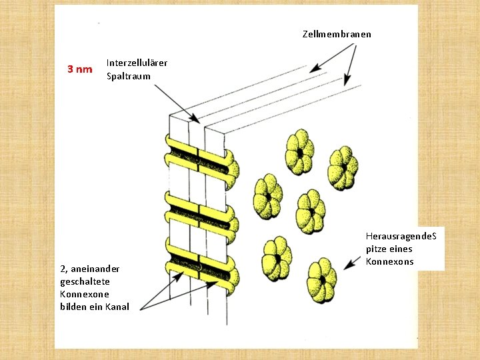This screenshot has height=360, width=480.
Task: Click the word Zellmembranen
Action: coord(337,34)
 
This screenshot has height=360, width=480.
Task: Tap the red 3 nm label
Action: coord(80,69)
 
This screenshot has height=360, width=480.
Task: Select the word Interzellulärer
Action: coord(137,63)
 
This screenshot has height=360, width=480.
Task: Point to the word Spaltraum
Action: coord(128,76)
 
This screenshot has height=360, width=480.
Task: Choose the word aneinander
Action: coord(94,269)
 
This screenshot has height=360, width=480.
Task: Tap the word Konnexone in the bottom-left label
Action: coord(84,294)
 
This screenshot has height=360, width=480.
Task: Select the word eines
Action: coord(399,249)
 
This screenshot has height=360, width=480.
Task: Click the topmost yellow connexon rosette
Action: coord(299,153)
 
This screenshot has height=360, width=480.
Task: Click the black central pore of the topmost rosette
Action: coord(300,153)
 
